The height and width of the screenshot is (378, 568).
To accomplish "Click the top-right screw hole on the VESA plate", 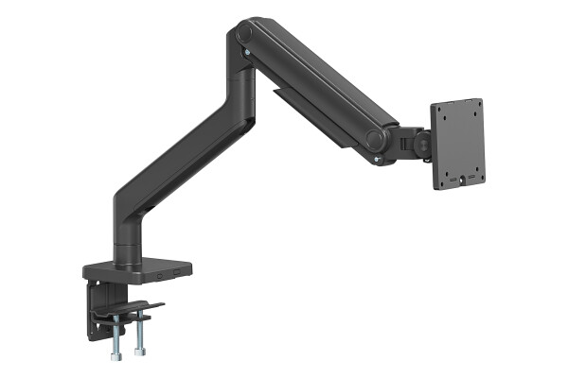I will tap(474, 110).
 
